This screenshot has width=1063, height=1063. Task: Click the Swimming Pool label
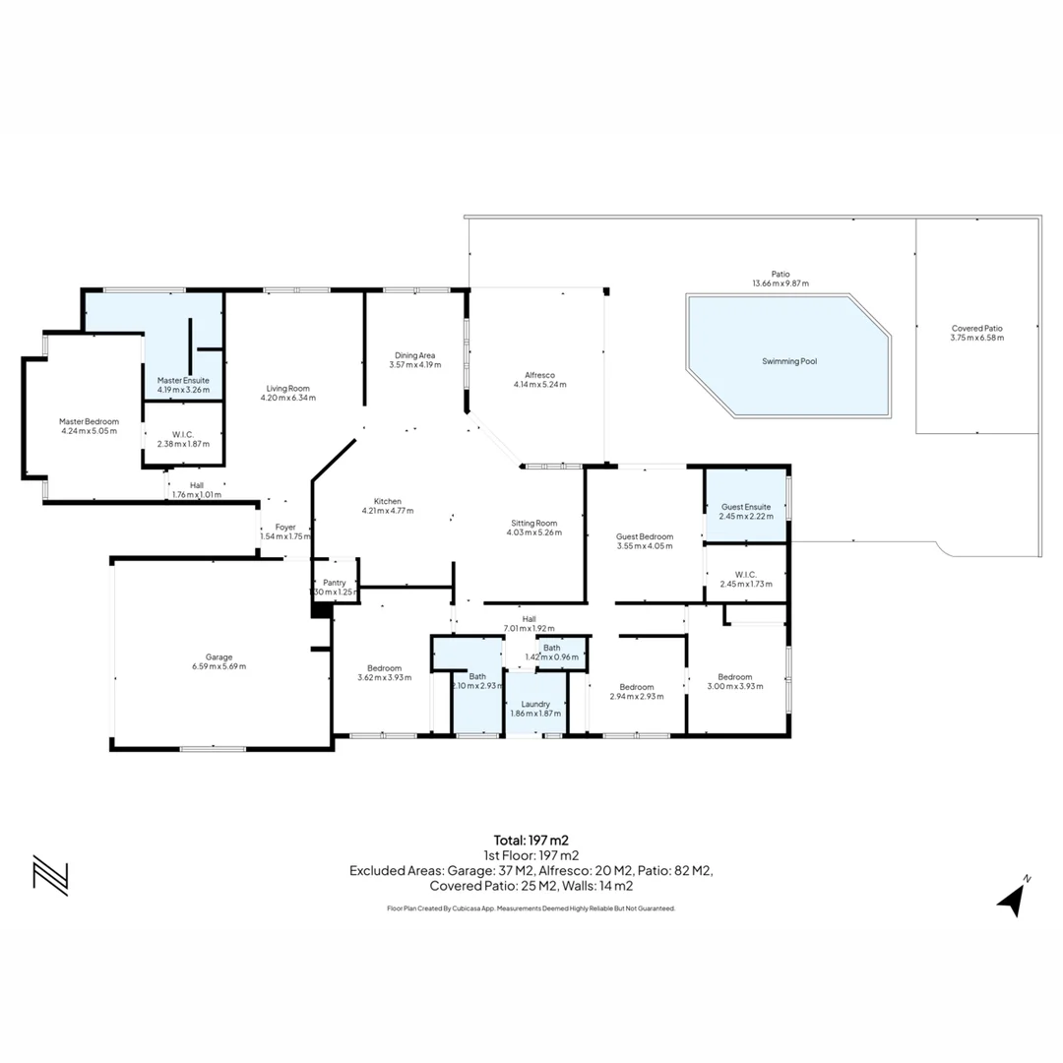point(789,361)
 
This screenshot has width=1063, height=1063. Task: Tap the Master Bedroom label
point(89,421)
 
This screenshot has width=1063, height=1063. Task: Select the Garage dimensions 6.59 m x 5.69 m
point(219,666)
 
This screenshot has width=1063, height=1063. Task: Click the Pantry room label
point(335,583)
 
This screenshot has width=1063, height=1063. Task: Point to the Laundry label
point(535,704)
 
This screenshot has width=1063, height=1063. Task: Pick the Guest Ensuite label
point(746,507)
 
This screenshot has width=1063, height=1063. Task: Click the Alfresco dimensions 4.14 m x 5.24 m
point(539,385)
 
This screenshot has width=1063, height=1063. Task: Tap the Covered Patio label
point(977,328)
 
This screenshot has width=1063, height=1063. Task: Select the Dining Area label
point(415,355)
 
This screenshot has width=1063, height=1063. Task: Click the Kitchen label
point(388,501)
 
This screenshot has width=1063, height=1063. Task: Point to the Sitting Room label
point(534,523)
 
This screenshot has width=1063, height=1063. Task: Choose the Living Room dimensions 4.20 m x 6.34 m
point(288,398)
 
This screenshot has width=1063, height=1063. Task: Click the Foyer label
point(285,527)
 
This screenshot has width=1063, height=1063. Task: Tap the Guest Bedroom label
point(645,536)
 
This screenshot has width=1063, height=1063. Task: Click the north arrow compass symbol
point(1013,898)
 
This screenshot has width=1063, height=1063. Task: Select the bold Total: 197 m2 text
point(531,841)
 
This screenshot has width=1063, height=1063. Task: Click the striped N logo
point(51,876)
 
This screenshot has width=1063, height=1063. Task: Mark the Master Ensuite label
point(183,380)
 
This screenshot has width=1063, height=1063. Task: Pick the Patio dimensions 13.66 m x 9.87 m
point(781,283)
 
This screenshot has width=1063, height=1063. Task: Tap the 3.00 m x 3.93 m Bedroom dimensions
point(735,686)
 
